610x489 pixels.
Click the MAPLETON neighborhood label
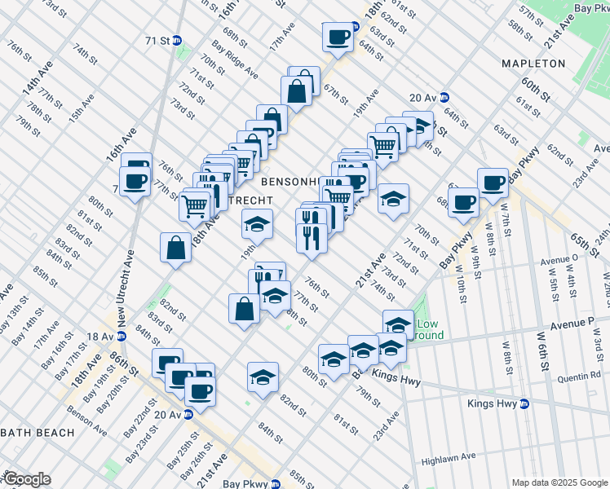pos(533,64)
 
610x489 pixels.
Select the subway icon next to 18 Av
pos(122,336)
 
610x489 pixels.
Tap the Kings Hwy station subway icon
pos(525,403)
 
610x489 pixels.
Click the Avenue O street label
pos(559,262)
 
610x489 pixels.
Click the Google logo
pos(27,478)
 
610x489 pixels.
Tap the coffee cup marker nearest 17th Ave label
pos(338,36)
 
